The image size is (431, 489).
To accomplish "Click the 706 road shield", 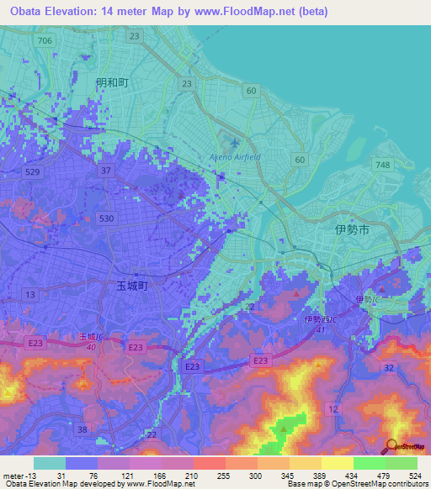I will [x=45, y=41].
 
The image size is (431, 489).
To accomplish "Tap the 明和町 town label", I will [x=111, y=82].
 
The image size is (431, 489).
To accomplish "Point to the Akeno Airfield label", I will [x=235, y=157].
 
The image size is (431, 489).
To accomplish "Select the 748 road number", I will [x=385, y=166].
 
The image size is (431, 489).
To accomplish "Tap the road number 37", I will [x=106, y=171].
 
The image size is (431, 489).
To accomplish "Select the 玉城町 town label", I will [x=132, y=286].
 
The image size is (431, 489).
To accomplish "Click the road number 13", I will [x=30, y=294].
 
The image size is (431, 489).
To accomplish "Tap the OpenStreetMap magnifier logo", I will [x=391, y=446].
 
